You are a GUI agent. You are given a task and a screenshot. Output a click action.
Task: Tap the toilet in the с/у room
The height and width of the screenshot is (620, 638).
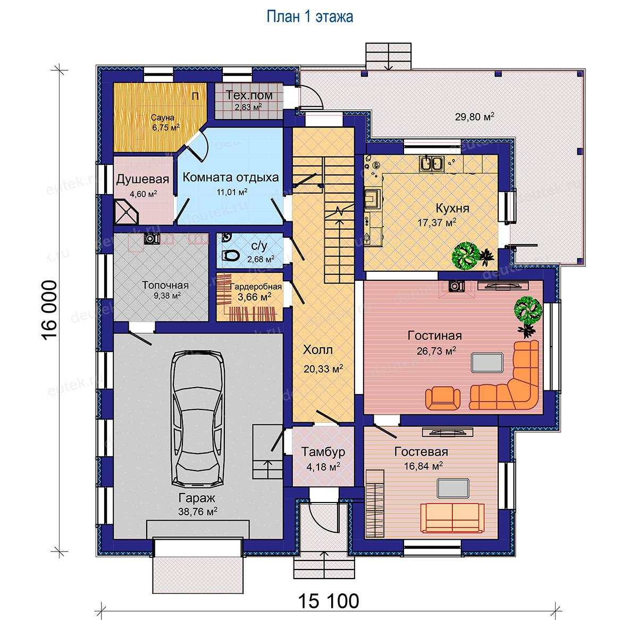pyautogui.click(x=231, y=256)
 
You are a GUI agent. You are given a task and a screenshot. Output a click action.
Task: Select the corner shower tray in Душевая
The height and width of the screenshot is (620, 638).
pyautogui.click(x=127, y=212)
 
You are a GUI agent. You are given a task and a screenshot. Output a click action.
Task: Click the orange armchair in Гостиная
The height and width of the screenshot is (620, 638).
pyautogui.click(x=442, y=398)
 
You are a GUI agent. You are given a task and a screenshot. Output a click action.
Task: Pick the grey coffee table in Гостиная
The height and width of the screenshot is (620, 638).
pyautogui.click(x=487, y=363)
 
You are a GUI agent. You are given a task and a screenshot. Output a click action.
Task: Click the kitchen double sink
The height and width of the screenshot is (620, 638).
pyautogui.click(x=431, y=163)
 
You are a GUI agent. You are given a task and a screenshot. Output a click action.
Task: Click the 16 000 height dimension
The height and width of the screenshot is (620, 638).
pyautogui.click(x=49, y=310)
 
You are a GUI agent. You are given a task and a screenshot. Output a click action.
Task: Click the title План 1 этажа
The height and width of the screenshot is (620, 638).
pyautogui.click(x=310, y=16)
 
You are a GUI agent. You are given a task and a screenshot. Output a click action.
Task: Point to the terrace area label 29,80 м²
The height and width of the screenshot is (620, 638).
pyautogui.click(x=474, y=116)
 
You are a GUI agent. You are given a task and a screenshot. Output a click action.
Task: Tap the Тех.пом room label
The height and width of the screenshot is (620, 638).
pyautogui.click(x=249, y=95)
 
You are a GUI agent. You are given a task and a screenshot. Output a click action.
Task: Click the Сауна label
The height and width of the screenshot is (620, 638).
pyautogui.click(x=163, y=118)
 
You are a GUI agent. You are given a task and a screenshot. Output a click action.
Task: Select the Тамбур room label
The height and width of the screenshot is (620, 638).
pyautogui.click(x=323, y=451)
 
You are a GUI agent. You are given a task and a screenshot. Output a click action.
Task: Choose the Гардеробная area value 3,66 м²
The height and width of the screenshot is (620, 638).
pyautogui.click(x=255, y=297)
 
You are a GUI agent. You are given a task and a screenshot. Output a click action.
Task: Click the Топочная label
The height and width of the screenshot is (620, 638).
pyautogui.click(x=165, y=285)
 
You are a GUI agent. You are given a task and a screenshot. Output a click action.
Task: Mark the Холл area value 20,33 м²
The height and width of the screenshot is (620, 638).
pyautogui.click(x=323, y=368)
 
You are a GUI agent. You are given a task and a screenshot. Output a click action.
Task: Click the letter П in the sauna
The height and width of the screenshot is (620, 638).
pyautogui.click(x=196, y=96)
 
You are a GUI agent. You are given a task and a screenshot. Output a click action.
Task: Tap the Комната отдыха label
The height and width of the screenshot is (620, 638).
pyautogui.click(x=231, y=178)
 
